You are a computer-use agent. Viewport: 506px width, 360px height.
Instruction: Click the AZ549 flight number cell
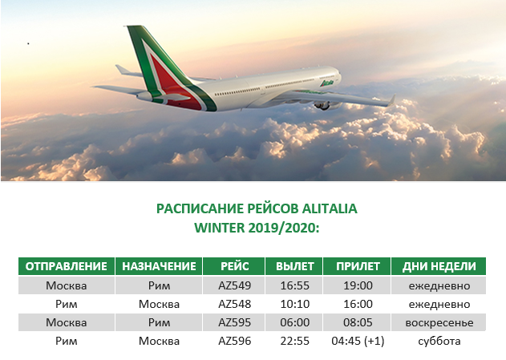(234, 285)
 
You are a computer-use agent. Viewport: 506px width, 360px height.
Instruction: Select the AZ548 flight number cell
(234, 304)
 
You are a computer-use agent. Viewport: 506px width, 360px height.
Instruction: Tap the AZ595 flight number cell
(234, 322)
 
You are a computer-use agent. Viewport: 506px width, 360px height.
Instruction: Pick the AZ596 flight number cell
(234, 341)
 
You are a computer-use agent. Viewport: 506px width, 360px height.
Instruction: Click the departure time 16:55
(294, 285)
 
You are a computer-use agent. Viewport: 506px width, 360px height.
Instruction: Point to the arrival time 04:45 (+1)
(358, 341)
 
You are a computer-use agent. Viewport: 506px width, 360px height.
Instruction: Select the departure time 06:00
(294, 322)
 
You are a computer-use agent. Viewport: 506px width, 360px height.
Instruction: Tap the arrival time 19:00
(358, 285)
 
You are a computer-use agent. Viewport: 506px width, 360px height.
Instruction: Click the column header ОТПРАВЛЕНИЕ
(66, 266)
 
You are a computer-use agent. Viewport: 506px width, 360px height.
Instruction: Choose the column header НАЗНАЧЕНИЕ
(159, 266)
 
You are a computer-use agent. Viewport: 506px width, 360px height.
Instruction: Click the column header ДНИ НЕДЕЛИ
(439, 266)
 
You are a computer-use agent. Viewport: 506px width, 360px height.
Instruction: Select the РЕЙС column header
(234, 266)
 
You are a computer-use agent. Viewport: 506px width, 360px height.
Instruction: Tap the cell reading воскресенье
(439, 322)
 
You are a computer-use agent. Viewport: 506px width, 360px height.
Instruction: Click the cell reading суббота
(439, 341)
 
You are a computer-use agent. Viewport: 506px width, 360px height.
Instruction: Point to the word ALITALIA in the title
(330, 208)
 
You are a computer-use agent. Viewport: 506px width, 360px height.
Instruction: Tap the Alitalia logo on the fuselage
(326, 83)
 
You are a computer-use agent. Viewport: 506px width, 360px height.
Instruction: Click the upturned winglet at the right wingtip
(391, 100)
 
